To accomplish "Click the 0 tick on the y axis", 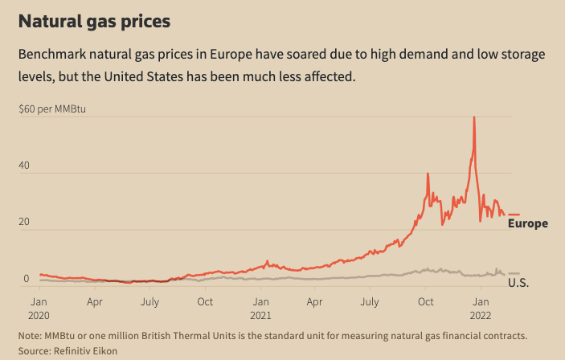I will point(26,279).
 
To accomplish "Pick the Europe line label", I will point(527,223).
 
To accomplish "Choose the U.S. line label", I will point(518,284).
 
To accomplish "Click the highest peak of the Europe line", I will point(474,117).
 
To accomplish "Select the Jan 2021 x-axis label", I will point(260,309).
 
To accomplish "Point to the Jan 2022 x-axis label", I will point(481,309).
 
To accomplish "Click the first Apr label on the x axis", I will point(94,302).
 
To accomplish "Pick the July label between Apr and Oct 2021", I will point(369,302).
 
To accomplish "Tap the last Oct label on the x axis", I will point(426,302).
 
